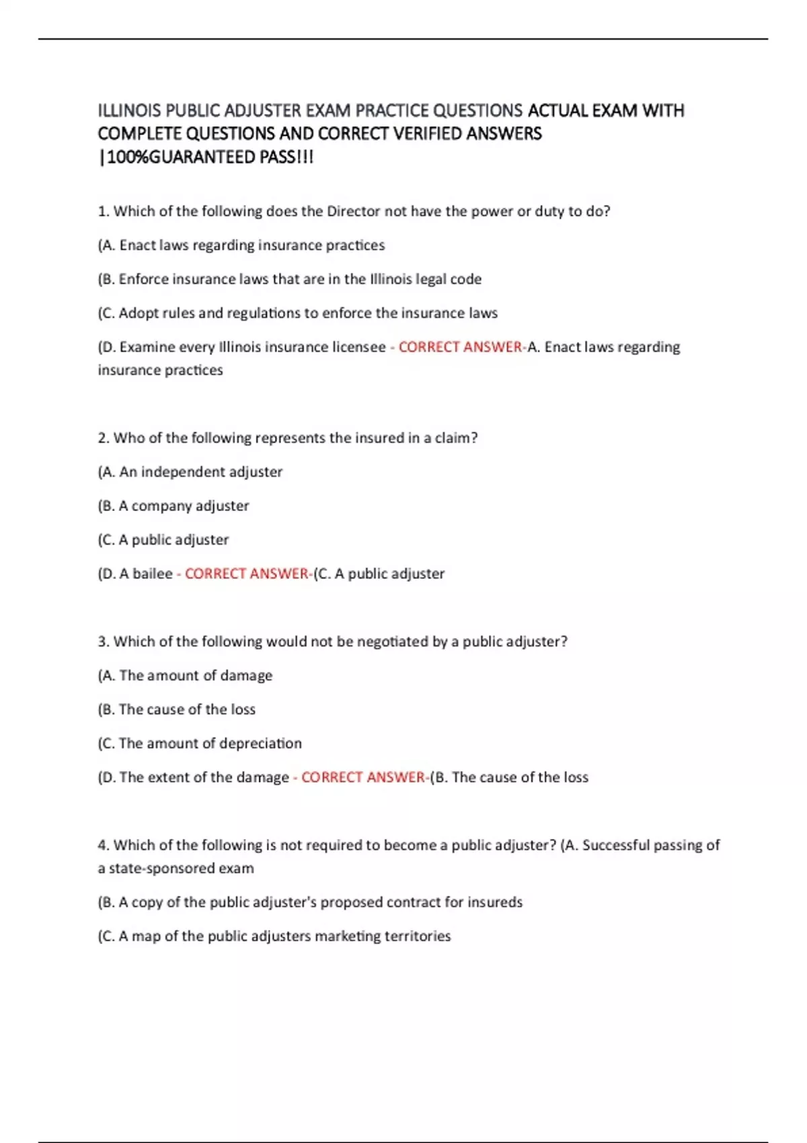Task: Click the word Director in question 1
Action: pos(353,211)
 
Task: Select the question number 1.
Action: pos(103,211)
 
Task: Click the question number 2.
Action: pos(103,438)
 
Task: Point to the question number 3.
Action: pos(103,641)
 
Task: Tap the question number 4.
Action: pos(103,845)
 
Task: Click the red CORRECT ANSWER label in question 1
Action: pos(461,347)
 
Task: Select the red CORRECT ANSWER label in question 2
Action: pos(247,574)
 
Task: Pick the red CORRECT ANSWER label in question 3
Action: pos(363,777)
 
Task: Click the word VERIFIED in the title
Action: pos(427,134)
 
